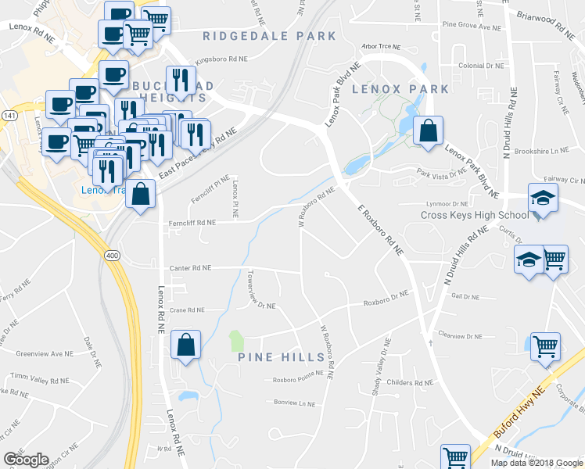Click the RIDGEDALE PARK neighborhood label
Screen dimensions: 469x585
269,36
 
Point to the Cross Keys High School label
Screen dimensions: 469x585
474,216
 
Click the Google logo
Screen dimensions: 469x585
26,460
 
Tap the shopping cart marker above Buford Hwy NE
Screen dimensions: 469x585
545,346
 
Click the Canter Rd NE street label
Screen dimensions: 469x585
191,268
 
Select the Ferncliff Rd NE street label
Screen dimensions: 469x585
192,223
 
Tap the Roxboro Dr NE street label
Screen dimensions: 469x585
386,296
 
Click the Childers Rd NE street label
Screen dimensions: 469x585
410,383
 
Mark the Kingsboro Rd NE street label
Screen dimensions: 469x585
221,59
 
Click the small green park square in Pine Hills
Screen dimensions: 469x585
235,341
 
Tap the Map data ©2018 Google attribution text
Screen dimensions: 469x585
536,463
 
